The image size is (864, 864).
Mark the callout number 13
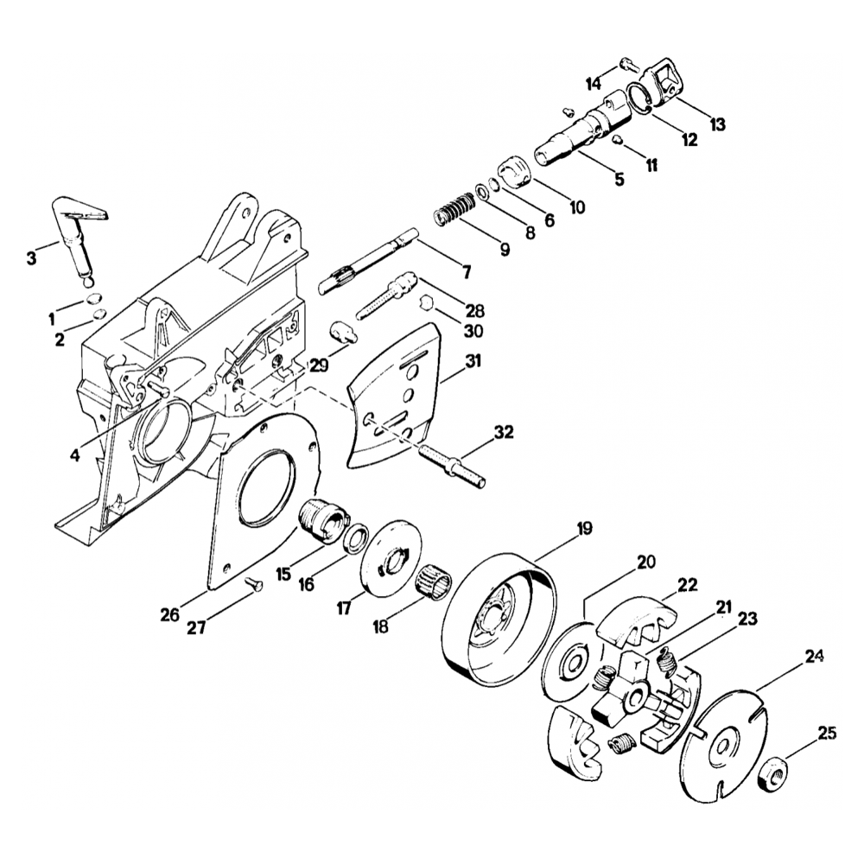(x=717, y=124)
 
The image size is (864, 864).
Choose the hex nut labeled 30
(x=425, y=302)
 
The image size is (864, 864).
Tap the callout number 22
(x=687, y=585)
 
